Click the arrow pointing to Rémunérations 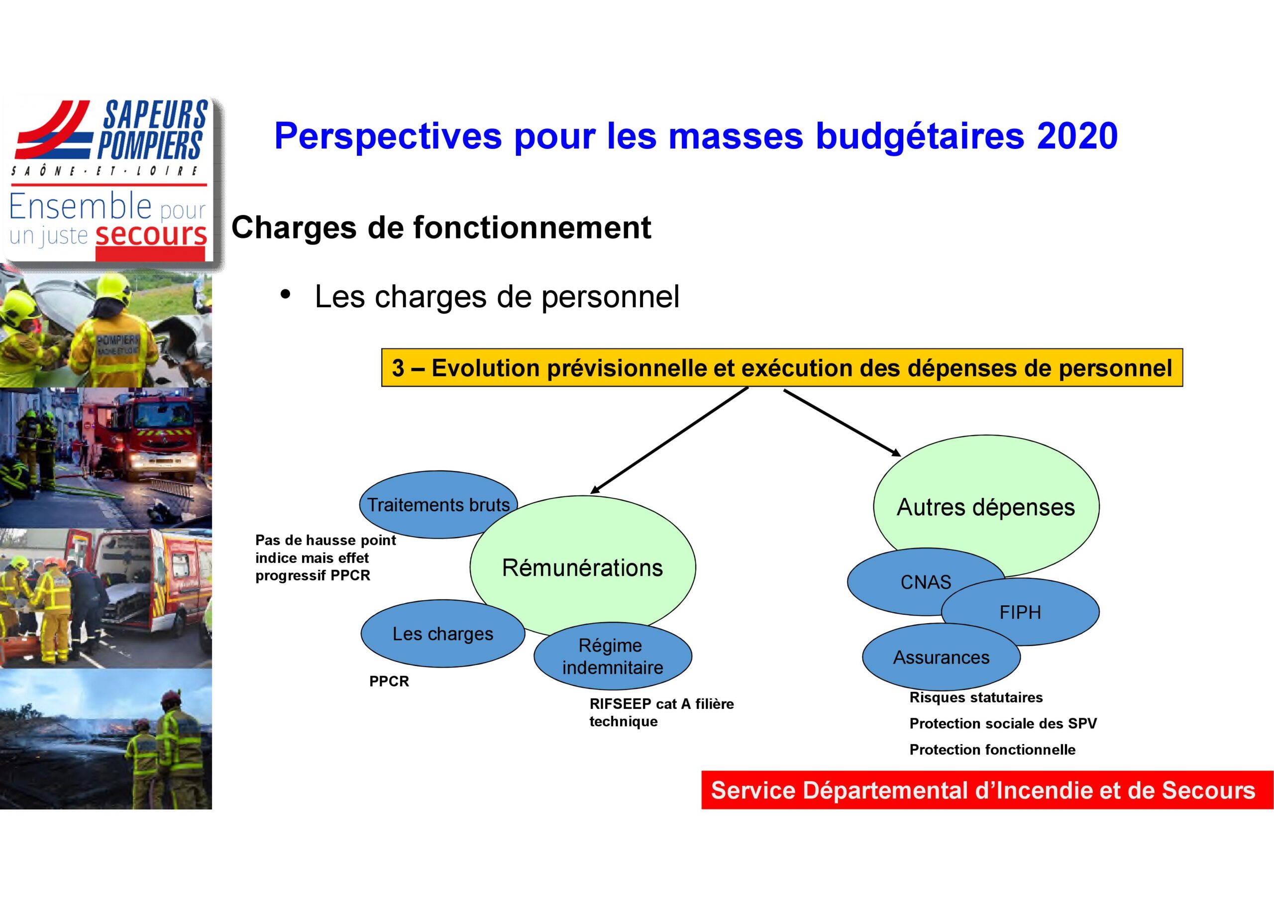point(669,440)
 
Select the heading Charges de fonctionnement point(441,227)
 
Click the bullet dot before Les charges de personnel point(286,294)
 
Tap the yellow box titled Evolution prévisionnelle point(782,367)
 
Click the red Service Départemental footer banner point(987,790)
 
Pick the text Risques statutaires point(976,697)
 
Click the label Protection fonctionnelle point(992,750)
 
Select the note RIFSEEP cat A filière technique point(661,712)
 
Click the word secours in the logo point(151,234)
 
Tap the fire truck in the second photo point(150,444)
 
